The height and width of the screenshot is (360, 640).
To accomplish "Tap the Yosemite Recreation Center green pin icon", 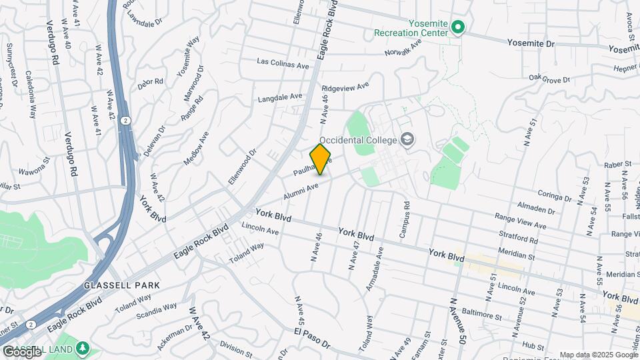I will click(x=457, y=27).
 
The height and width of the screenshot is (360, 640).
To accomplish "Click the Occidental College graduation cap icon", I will click(x=407, y=139).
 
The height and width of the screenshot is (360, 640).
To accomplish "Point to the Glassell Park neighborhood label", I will click(x=122, y=285).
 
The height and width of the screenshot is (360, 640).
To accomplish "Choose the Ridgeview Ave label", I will click(x=345, y=87).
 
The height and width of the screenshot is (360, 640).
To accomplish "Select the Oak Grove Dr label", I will click(x=550, y=79).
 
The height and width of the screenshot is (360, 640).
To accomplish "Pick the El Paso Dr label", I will click(x=312, y=338).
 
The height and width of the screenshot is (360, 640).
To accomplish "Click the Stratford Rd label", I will click(x=518, y=236).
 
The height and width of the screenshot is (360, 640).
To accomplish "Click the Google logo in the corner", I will click(x=22, y=352).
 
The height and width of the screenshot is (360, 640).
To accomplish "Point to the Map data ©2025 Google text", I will click(x=598, y=355).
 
